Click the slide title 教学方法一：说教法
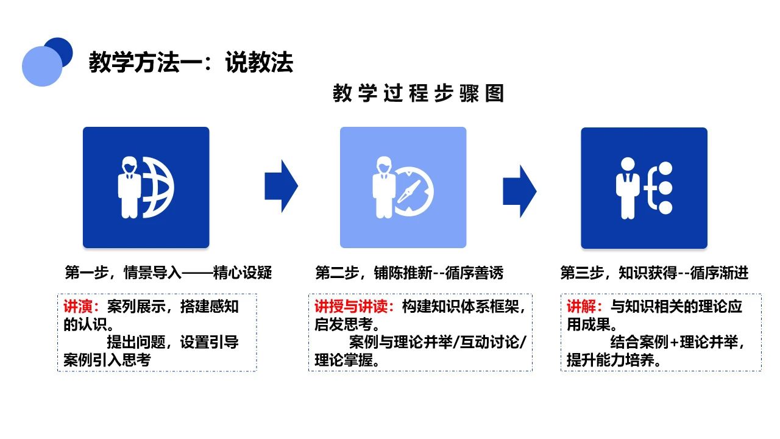[x=191, y=62]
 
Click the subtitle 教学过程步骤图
[x=419, y=94]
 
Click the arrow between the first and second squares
[x=281, y=186]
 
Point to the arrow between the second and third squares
[x=519, y=191]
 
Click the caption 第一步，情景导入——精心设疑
[x=168, y=273]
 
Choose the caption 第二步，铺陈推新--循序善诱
[x=409, y=273]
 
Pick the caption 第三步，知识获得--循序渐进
[x=654, y=273]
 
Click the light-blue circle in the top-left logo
[x=41, y=66]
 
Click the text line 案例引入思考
[x=107, y=360]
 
